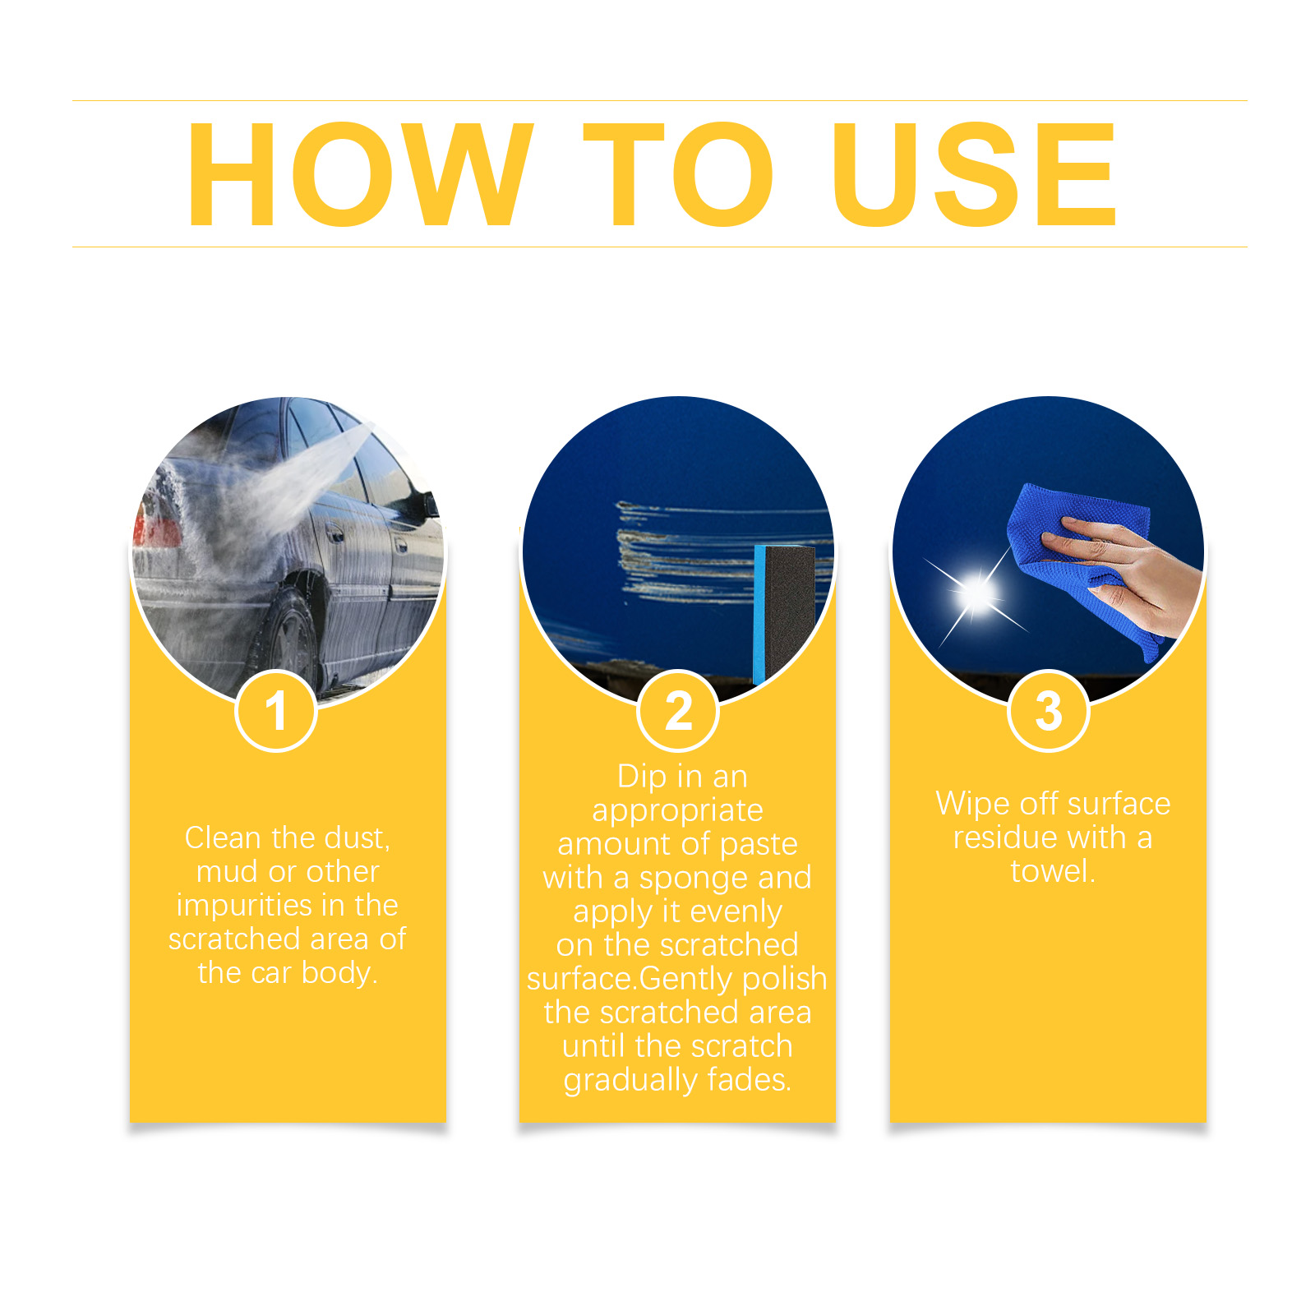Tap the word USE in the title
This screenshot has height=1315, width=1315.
pyautogui.click(x=975, y=173)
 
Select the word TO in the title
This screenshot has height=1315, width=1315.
pyautogui.click(x=679, y=173)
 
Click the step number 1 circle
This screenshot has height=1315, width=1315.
pyautogui.click(x=276, y=711)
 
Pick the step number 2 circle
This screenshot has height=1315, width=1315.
pyautogui.click(x=678, y=711)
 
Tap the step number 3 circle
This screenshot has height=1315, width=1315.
pyautogui.click(x=1049, y=711)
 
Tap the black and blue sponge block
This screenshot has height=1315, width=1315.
pyautogui.click(x=784, y=613)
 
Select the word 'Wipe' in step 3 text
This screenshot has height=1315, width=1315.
pyautogui.click(x=973, y=804)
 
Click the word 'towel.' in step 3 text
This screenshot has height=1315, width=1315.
pyautogui.click(x=1053, y=871)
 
